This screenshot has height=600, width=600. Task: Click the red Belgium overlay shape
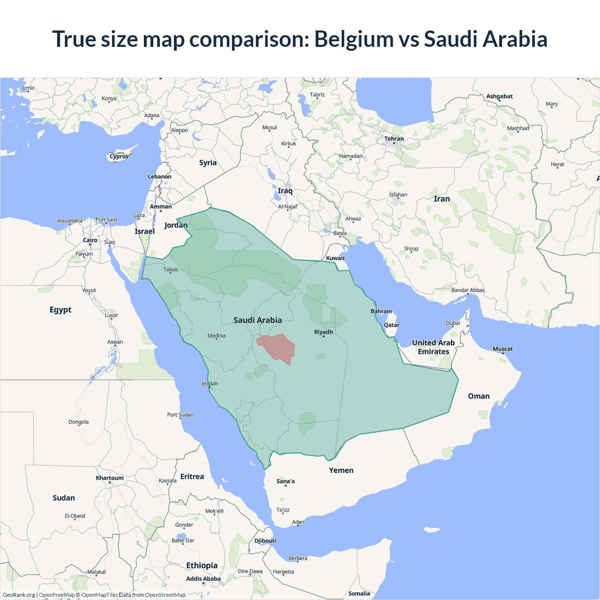click(x=278, y=348)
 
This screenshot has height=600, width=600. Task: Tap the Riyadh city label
click(x=323, y=332)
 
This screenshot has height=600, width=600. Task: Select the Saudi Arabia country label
click(x=257, y=320)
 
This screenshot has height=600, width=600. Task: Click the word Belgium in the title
click(x=353, y=39)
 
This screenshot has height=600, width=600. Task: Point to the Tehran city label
click(x=394, y=139)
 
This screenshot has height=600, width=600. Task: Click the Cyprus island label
click(x=119, y=157)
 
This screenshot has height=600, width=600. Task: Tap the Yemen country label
click(x=341, y=470)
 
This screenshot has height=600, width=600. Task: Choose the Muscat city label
click(x=502, y=349)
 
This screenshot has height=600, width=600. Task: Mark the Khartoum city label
click(x=110, y=478)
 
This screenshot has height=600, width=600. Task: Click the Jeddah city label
click(x=210, y=383)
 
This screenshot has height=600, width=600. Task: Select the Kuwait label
click(x=335, y=258)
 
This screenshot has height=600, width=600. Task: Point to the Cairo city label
click(x=90, y=240)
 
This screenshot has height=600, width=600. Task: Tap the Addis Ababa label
click(x=203, y=579)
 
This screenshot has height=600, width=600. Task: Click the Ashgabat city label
click(x=499, y=96)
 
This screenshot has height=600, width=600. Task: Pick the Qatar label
click(x=391, y=325)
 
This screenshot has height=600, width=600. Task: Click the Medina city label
click(x=216, y=336)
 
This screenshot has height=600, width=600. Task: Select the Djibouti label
click(x=265, y=540)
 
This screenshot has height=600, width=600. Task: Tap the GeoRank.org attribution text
click(x=19, y=595)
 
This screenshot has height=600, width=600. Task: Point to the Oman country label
click(x=479, y=396)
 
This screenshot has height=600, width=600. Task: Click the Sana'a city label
click(x=285, y=481)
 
